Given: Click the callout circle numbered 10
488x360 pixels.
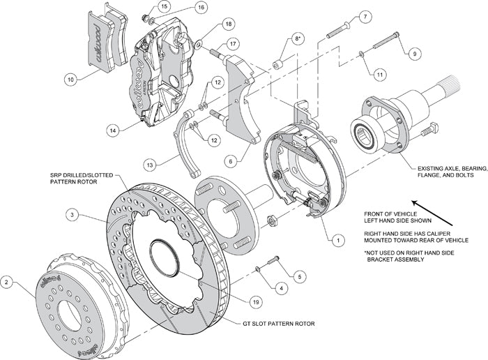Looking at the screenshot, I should point(70,80).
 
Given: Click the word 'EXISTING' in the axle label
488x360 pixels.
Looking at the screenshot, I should point(438,168).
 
